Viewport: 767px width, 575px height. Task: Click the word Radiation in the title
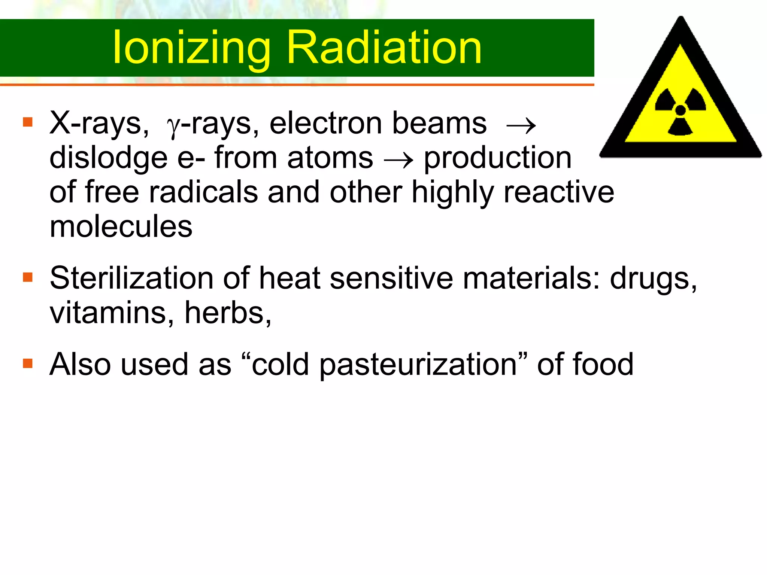pyautogui.click(x=384, y=48)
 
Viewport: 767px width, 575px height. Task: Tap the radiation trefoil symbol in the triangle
pyautogui.click(x=680, y=111)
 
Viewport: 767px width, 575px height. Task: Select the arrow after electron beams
pyautogui.click(x=521, y=125)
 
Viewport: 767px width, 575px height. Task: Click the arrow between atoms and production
pyautogui.click(x=398, y=160)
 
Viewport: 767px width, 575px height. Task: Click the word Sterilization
pyautogui.click(x=131, y=278)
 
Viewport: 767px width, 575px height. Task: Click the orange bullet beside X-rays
pyautogui.click(x=28, y=122)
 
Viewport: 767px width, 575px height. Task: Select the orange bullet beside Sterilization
pyautogui.click(x=28, y=277)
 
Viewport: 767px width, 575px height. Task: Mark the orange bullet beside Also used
pyautogui.click(x=28, y=363)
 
